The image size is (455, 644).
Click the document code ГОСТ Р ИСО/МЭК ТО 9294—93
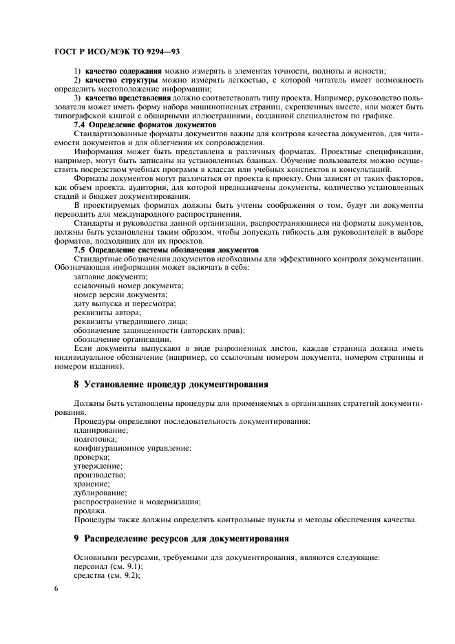pyautogui.click(x=117, y=52)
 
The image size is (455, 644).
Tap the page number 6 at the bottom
pyautogui.click(x=56, y=590)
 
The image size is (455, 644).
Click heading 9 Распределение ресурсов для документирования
pyautogui.click(x=181, y=537)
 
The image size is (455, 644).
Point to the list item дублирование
pyautogui.click(x=100, y=493)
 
